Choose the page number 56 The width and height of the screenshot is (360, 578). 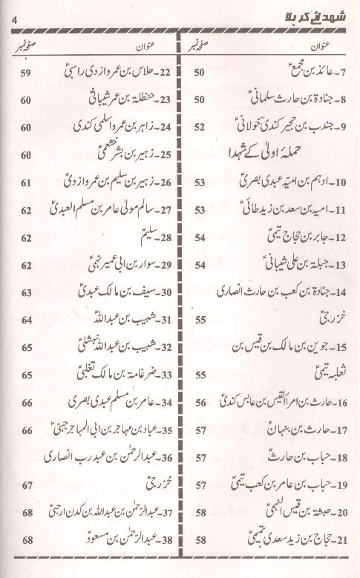pyautogui.click(x=200, y=403)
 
